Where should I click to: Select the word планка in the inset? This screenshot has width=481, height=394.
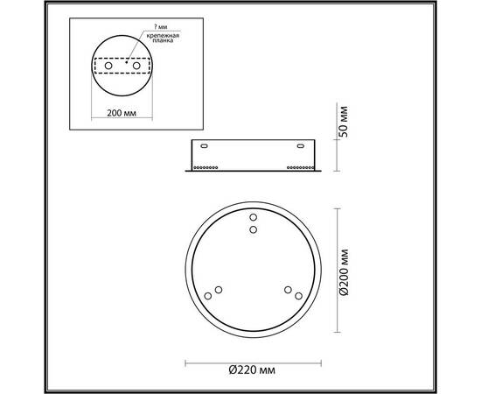[x=159, y=42]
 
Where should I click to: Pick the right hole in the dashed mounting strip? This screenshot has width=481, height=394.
[x=137, y=65]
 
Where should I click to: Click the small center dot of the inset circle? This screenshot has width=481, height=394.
[x=125, y=62]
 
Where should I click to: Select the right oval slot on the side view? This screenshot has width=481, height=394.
[x=302, y=148]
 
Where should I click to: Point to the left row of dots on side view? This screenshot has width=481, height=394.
[x=206, y=165]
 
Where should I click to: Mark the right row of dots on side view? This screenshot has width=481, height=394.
[x=301, y=165]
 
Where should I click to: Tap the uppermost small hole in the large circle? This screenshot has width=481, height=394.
[x=254, y=216]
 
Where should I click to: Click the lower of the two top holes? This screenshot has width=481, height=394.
[x=254, y=229]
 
